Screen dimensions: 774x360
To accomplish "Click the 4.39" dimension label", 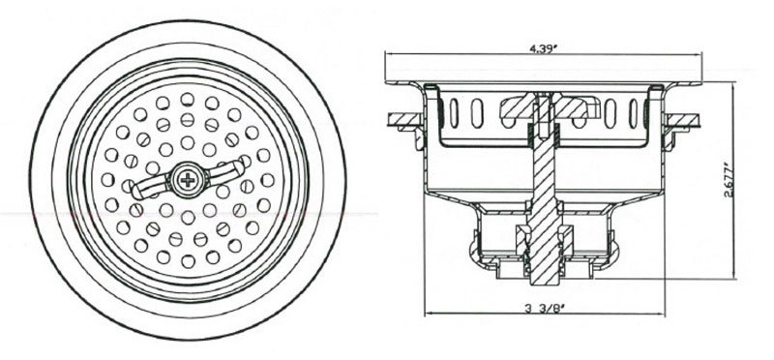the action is point(543,48).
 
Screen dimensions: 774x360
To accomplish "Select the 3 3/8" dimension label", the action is point(545,310).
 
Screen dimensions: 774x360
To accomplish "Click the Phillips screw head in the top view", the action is point(188,180).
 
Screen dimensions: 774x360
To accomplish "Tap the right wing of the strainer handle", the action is point(223,171).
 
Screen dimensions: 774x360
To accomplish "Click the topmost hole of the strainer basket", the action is point(187,100).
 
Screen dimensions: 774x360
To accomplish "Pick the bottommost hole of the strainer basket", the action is point(188,261).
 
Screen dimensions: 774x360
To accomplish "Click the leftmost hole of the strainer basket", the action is point(107,179).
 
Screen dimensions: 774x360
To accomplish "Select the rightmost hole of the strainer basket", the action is point(268,180).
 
